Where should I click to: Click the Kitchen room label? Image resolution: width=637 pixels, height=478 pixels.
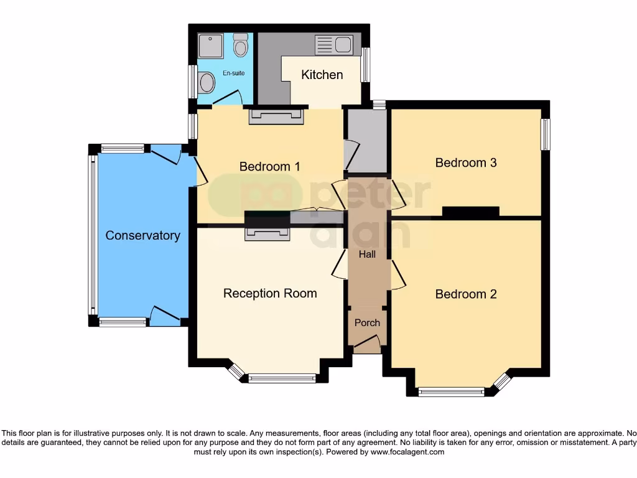pyautogui.click(x=322, y=75)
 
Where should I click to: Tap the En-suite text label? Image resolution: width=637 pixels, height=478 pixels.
pyautogui.click(x=234, y=73)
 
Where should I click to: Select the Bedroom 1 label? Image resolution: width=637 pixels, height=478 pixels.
pyautogui.click(x=269, y=167)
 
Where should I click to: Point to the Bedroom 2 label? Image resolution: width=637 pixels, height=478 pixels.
pyautogui.click(x=466, y=294)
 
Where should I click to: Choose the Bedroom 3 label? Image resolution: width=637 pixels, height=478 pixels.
pyautogui.click(x=466, y=163)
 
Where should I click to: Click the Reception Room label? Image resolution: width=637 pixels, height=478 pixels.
pyautogui.click(x=270, y=294)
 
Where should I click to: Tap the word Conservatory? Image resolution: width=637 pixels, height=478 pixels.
pyautogui.click(x=142, y=236)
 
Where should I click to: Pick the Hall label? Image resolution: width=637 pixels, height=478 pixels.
pyautogui.click(x=367, y=255)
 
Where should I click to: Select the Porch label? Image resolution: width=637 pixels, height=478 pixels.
pyautogui.click(x=367, y=323)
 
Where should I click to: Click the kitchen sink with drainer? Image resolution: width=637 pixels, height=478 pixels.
pyautogui.click(x=334, y=45)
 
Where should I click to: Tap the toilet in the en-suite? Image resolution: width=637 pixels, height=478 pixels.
pyautogui.click(x=240, y=45)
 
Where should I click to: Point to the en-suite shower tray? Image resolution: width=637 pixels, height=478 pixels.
pyautogui.click(x=210, y=46)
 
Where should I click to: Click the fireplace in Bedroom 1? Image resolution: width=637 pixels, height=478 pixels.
pyautogui.click(x=276, y=116)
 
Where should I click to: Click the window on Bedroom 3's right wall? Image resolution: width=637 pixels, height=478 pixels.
pyautogui.click(x=546, y=134)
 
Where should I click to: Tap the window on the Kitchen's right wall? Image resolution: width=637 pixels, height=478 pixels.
pyautogui.click(x=366, y=65)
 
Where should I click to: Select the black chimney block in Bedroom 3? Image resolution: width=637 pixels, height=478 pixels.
pyautogui.click(x=470, y=212)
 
